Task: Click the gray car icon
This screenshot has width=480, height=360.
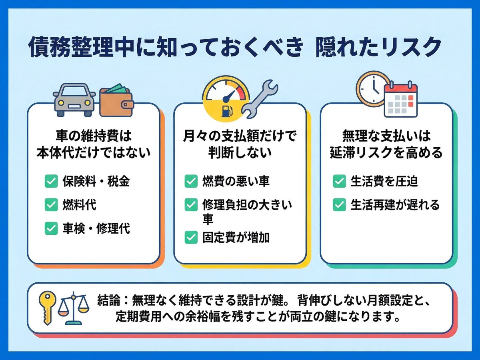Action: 74,100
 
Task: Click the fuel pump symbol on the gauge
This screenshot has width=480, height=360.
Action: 227,111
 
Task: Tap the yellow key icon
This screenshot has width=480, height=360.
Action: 47,308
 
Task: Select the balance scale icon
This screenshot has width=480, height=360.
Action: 74,308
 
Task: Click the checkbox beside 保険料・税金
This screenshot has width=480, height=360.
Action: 51,181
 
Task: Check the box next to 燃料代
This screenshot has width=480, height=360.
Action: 51,205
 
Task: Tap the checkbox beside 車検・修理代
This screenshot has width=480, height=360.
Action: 51,228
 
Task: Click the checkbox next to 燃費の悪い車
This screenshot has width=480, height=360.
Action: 191,181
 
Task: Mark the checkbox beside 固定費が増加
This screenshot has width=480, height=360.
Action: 191,237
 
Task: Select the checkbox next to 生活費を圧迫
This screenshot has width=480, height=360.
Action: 339,181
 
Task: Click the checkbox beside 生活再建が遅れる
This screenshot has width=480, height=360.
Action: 339,205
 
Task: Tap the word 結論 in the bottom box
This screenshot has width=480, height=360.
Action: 109,300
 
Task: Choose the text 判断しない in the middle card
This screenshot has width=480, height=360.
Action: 240,152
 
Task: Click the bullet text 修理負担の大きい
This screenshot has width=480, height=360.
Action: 247,205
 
